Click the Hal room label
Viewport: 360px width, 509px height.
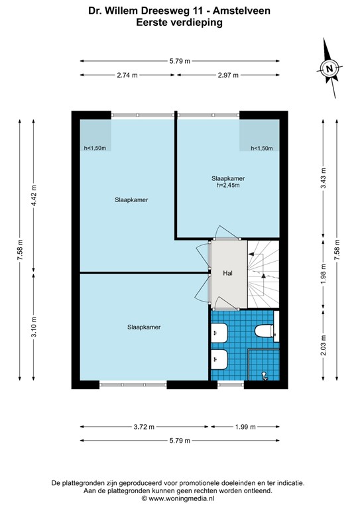coord(227,272)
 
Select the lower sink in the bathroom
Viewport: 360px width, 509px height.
coord(219,360)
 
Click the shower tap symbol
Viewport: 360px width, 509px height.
coord(265,376)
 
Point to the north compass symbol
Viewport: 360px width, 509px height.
coord(329,68)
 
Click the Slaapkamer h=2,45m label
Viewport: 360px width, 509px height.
coord(228,182)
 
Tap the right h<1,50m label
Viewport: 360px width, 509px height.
coord(261,148)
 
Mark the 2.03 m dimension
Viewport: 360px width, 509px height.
coord(324,347)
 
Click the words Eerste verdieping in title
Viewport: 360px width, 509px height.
coord(180,22)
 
